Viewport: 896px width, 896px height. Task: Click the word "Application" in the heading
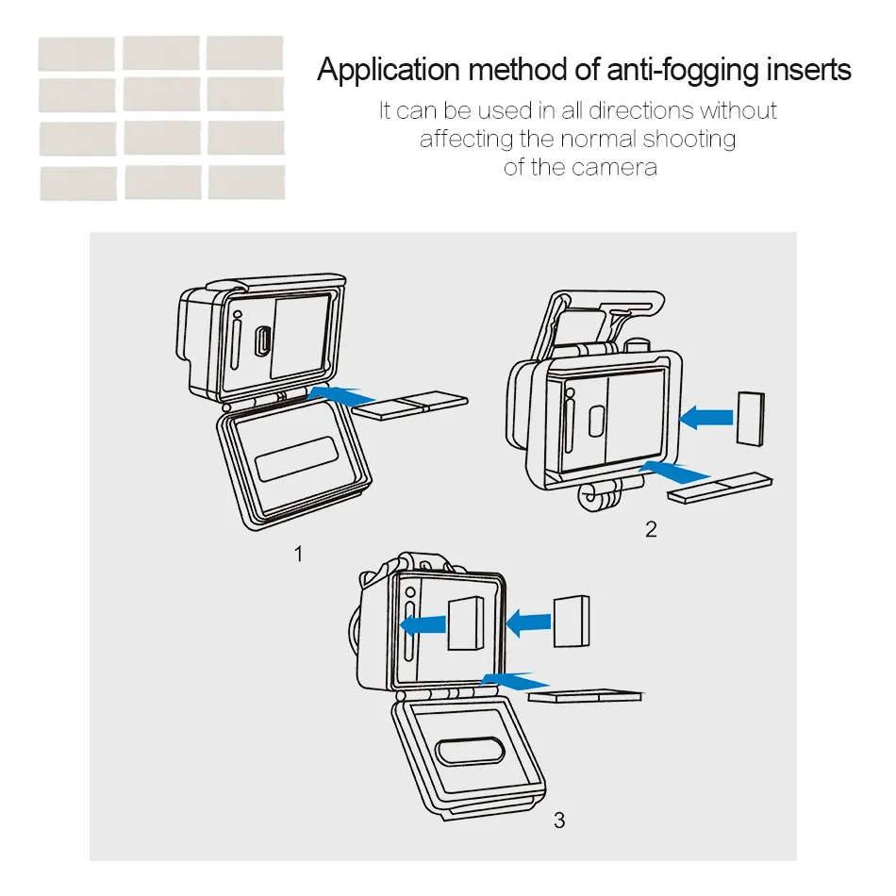point(389,71)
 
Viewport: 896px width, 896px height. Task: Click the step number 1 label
point(299,554)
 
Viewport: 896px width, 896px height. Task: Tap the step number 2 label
point(651,529)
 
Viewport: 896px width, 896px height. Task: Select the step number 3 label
point(559,821)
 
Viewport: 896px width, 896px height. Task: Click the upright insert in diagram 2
point(750,417)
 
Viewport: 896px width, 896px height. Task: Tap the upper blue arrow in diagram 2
point(707,415)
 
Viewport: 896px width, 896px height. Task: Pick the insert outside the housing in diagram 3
point(572,622)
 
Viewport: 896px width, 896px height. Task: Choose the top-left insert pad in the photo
point(76,54)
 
